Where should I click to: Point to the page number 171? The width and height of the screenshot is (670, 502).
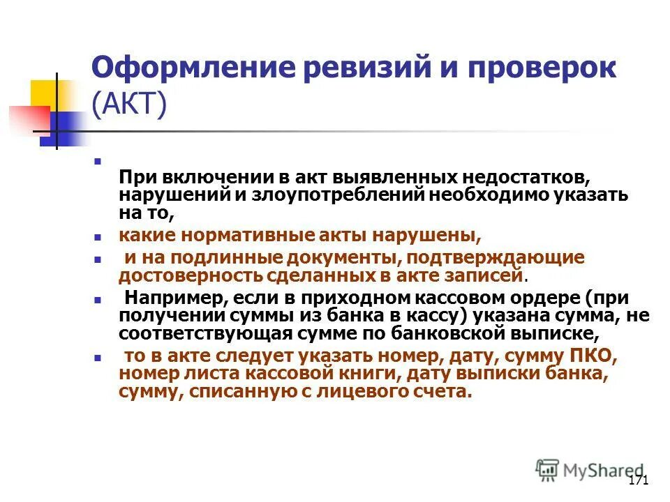639,480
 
